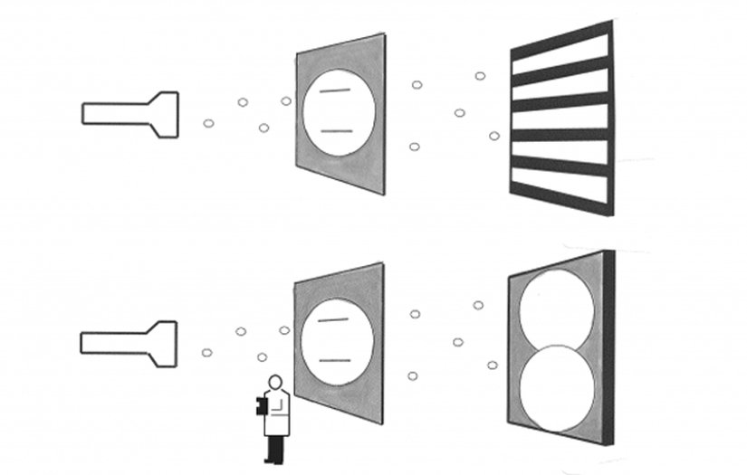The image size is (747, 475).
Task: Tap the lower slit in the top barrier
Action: pyautogui.click(x=335, y=132)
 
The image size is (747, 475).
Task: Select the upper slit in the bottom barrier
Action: pyautogui.click(x=334, y=320)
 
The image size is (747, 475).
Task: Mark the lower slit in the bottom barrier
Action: pyautogui.click(x=334, y=361)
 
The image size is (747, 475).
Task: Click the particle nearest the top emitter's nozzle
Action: pyautogui.click(x=208, y=123)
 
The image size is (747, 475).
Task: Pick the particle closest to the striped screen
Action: pyautogui.click(x=494, y=136)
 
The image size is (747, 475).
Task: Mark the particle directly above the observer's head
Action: pyautogui.click(x=262, y=357)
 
